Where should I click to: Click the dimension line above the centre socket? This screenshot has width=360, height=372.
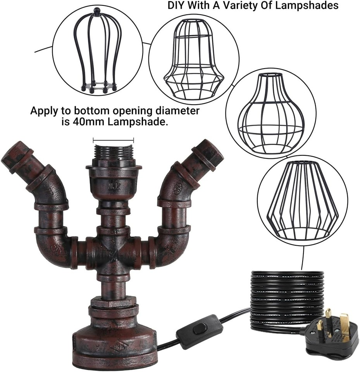[x=114, y=140]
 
